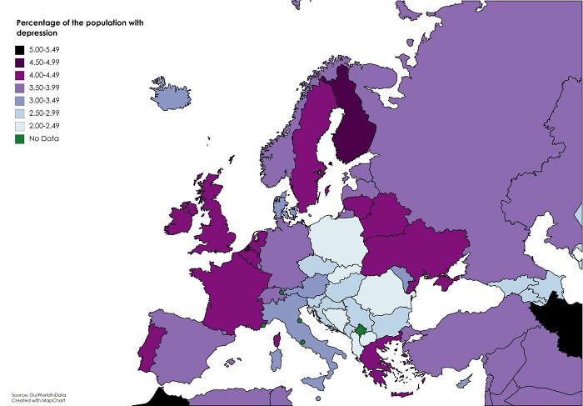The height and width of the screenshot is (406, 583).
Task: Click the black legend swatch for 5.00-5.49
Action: [x=19, y=51]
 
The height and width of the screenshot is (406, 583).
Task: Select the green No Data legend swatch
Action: [x=19, y=138]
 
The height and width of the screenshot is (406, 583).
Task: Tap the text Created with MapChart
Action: [x=38, y=401]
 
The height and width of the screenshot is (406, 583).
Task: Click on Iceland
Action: [x=169, y=94]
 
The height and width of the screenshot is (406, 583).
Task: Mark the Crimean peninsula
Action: [x=441, y=283]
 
